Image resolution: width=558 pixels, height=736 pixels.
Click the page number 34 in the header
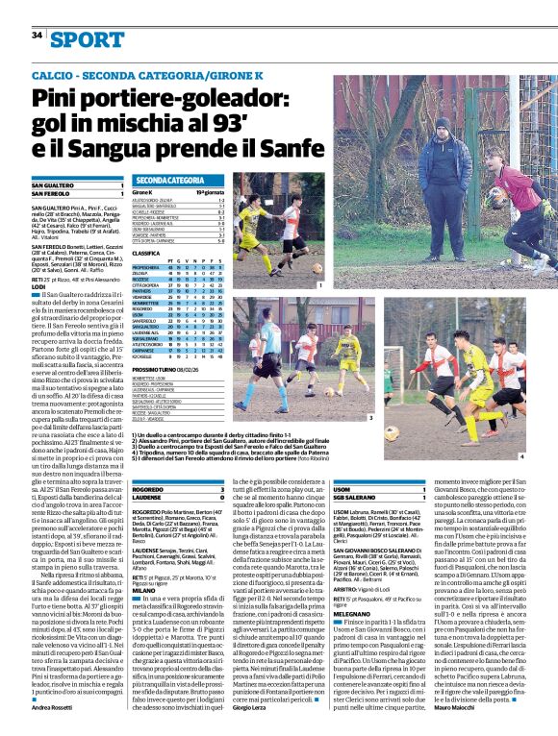click(x=37, y=36)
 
